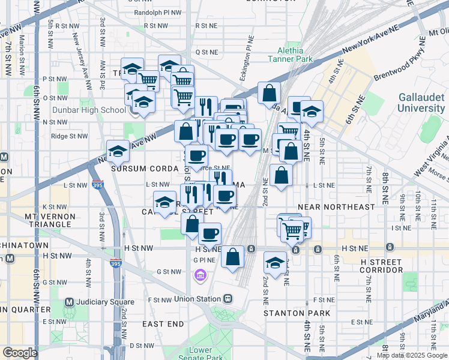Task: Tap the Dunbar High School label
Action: tap(88, 110)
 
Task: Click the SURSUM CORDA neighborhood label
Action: tap(144, 169)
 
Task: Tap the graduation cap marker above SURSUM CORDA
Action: tap(118, 152)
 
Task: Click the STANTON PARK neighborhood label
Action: tap(297, 313)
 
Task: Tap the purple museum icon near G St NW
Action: tap(200, 275)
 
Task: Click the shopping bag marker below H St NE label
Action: tap(232, 257)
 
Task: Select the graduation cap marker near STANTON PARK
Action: tap(275, 263)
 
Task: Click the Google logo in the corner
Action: tap(20, 353)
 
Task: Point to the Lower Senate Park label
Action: tap(200, 354)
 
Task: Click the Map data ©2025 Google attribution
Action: tap(412, 355)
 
